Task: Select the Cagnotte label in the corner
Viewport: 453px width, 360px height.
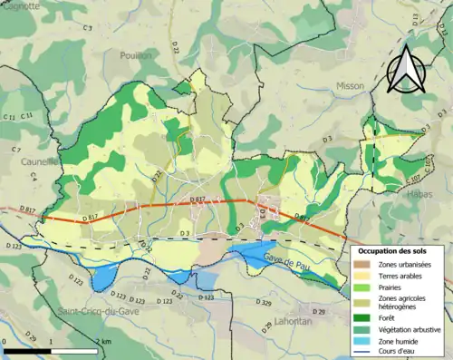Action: coord(20,5)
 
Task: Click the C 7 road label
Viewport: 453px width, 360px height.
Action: coord(15,149)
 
